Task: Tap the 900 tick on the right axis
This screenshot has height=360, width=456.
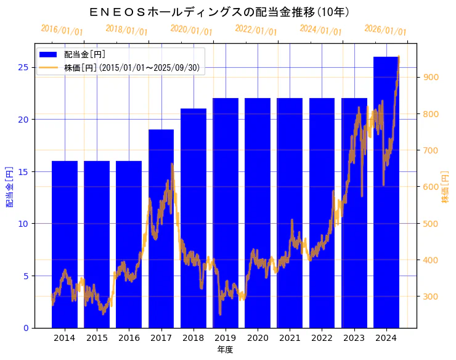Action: (x=430, y=77)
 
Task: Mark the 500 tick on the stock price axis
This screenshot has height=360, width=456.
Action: (x=430, y=223)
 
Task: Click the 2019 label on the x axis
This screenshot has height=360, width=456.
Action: (x=226, y=338)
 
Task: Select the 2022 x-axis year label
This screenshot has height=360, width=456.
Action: (x=322, y=338)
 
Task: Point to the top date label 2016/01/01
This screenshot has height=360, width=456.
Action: (x=62, y=30)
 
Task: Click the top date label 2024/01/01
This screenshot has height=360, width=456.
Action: (x=321, y=30)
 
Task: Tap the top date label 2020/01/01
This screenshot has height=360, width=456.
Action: (x=192, y=30)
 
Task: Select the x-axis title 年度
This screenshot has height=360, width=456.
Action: (x=225, y=350)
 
